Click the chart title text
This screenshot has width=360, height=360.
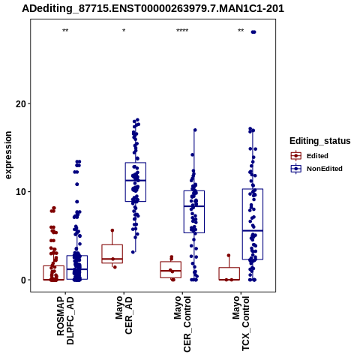click(x=153, y=8)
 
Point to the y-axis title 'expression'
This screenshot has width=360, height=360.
click(x=8, y=155)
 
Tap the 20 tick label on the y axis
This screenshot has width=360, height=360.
click(x=21, y=103)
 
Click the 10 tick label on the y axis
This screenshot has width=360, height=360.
click(x=21, y=192)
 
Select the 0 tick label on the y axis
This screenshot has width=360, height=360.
click(x=23, y=280)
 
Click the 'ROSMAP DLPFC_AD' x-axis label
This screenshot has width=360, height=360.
click(x=65, y=320)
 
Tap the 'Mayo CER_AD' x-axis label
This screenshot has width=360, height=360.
click(x=124, y=315)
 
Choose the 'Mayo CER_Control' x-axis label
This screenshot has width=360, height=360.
click(x=182, y=324)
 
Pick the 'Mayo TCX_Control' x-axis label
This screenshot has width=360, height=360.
click(x=241, y=323)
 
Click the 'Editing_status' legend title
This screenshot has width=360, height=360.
click(x=320, y=141)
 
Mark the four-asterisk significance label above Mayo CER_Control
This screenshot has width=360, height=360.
click(x=182, y=31)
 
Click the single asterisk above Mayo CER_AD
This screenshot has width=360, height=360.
click(x=124, y=31)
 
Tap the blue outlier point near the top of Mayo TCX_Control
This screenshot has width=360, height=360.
click(x=253, y=32)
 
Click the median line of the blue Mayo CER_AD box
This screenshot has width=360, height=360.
click(x=136, y=180)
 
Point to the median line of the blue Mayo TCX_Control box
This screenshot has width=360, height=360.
click(x=253, y=231)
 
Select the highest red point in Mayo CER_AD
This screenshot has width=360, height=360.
click(x=112, y=230)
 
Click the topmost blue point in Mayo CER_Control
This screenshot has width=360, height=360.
click(x=195, y=130)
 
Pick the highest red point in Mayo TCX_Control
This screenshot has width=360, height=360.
click(x=229, y=255)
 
